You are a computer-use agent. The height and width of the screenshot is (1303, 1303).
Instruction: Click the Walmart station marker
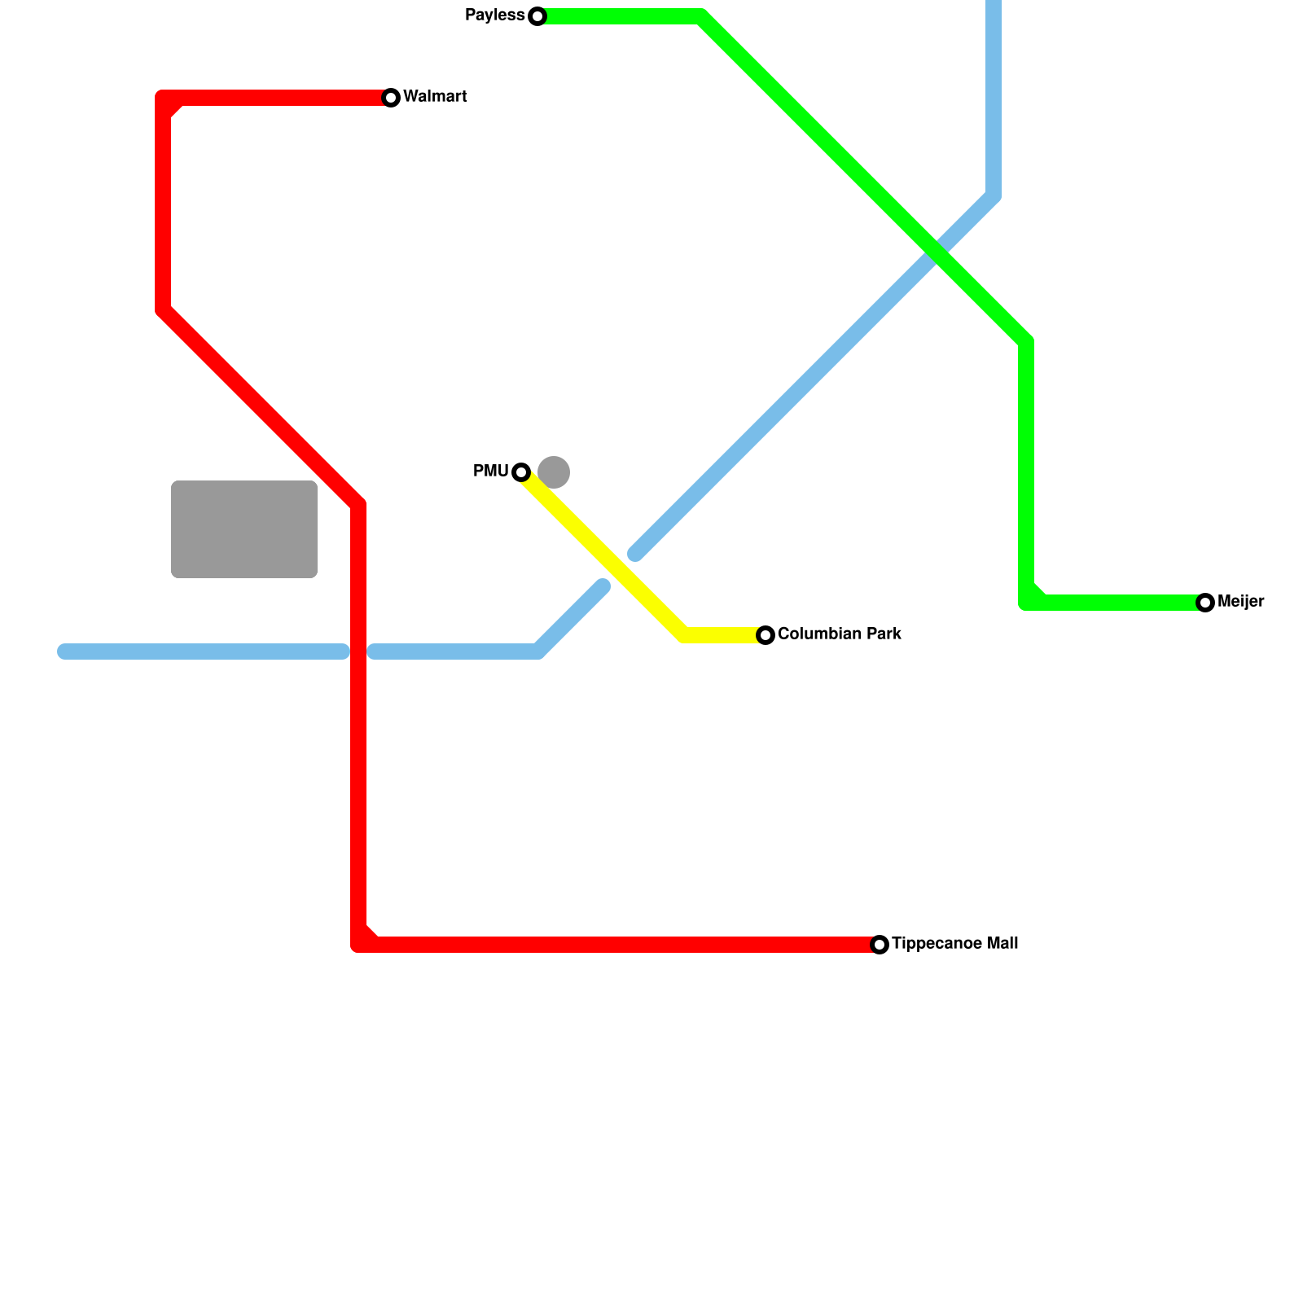coord(391,98)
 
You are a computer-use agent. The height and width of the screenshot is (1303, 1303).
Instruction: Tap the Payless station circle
coord(537,16)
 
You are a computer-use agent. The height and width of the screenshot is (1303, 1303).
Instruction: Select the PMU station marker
coord(521,472)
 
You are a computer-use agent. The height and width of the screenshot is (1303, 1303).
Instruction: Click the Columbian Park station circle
coord(766,635)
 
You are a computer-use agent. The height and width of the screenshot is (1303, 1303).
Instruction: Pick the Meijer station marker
coord(1205,603)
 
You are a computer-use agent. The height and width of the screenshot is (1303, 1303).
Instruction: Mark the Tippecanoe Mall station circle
coord(880,945)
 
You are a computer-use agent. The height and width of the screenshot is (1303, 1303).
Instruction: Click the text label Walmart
coord(435,97)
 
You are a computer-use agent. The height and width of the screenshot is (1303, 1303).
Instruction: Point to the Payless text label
coord(494,15)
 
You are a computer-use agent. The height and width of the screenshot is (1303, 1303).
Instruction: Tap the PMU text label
coord(490,472)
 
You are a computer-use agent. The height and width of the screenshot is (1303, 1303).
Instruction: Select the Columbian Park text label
coord(839,634)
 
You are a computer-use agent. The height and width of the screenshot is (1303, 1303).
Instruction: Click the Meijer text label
coord(1240,602)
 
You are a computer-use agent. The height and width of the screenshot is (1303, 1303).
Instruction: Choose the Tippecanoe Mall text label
coord(954,944)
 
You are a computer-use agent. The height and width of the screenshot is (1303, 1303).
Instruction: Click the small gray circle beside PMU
coord(554,472)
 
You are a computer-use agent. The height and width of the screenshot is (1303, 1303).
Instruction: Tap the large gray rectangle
coord(244,529)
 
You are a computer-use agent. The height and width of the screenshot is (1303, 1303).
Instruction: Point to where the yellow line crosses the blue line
coord(619,570)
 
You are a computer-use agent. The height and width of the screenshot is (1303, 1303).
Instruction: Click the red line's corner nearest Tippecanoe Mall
coord(358,945)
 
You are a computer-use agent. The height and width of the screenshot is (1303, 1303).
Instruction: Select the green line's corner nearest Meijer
coord(1026,603)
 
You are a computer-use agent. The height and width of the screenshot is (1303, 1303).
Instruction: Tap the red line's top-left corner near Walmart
coord(163,98)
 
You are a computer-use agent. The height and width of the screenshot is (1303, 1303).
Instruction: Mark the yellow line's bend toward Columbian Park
coord(684,635)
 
